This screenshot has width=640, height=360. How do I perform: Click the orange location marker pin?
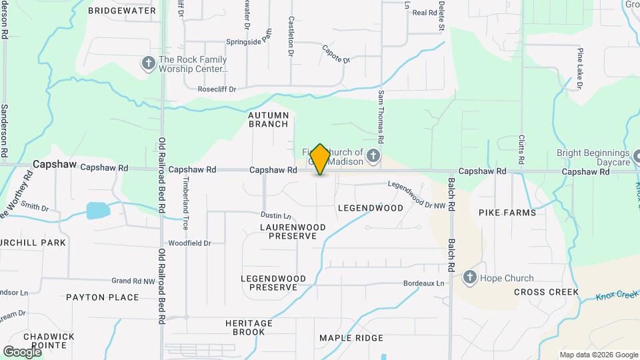[320, 159]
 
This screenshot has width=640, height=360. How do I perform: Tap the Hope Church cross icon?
[470, 277]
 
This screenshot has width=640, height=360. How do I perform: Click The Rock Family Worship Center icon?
[147, 63]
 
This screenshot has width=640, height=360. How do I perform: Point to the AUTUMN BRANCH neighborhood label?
[269, 119]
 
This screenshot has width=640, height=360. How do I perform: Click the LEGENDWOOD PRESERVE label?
[273, 283]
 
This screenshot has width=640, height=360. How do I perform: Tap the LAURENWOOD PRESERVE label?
[293, 231]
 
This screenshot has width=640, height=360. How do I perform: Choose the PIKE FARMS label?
[507, 213]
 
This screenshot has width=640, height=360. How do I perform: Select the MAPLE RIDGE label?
[351, 338]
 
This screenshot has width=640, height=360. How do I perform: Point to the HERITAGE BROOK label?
[249, 327]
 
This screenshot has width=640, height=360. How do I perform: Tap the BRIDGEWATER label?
[122, 11]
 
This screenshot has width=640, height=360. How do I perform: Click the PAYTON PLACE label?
[103, 297]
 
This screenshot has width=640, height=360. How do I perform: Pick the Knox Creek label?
[617, 293]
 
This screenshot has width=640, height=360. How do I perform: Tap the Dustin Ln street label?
[276, 215]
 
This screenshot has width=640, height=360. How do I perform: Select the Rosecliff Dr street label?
[217, 89]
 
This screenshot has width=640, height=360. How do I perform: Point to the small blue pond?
[99, 211]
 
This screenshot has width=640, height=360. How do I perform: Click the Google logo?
[22, 351]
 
